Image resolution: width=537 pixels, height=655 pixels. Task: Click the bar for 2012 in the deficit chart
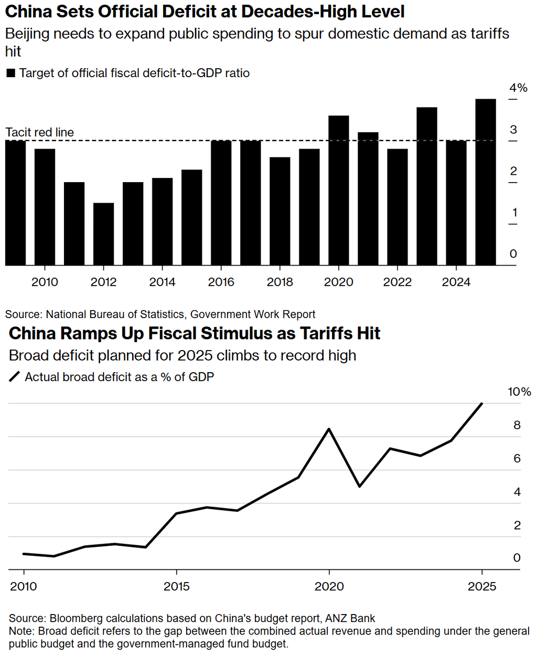coord(103,234)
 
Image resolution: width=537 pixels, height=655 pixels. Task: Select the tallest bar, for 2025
coord(485,182)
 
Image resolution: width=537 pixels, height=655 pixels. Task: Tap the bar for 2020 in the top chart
coord(338,191)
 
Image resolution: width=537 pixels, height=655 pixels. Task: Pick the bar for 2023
coord(427,186)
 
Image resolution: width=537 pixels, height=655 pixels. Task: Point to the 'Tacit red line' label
coord(39,132)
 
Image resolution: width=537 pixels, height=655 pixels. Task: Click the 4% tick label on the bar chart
coord(518,88)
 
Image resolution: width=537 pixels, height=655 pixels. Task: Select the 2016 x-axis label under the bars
coord(221,282)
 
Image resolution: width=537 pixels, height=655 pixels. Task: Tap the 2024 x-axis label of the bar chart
coord(456,282)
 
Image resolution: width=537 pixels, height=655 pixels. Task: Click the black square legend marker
coord(10,73)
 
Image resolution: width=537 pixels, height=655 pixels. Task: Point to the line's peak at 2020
coord(329,429)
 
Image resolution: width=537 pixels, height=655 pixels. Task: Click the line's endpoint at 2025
coord(482,404)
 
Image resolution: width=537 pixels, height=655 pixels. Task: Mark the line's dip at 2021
coord(360,487)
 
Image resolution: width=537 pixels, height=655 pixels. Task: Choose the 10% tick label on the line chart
coord(519,392)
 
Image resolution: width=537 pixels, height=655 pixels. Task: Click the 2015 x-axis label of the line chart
coord(177,586)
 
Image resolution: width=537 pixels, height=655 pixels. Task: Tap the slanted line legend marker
coord(15,377)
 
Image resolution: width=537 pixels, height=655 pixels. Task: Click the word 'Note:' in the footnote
coord(22,631)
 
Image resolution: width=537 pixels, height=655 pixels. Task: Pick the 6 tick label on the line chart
coord(517,459)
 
